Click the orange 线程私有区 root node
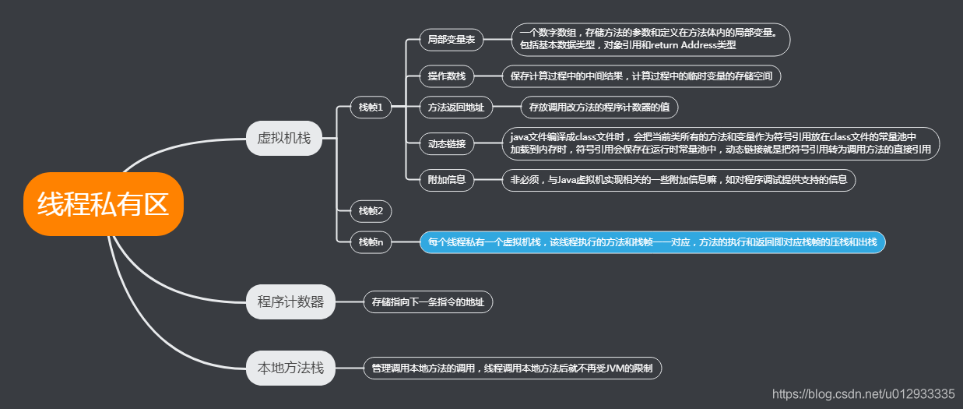[103, 204]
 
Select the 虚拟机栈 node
[284, 139]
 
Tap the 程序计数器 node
[290, 302]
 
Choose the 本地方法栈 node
[290, 368]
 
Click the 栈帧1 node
[371, 108]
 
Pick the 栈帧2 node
[371, 210]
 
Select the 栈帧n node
[371, 242]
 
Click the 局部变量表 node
[452, 39]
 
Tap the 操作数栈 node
[447, 76]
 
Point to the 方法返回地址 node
[456, 108]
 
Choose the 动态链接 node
[447, 143]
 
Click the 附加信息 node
[447, 180]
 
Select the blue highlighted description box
[652, 242]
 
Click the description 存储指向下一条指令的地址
[428, 302]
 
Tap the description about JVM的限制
[512, 368]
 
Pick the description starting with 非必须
[679, 180]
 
